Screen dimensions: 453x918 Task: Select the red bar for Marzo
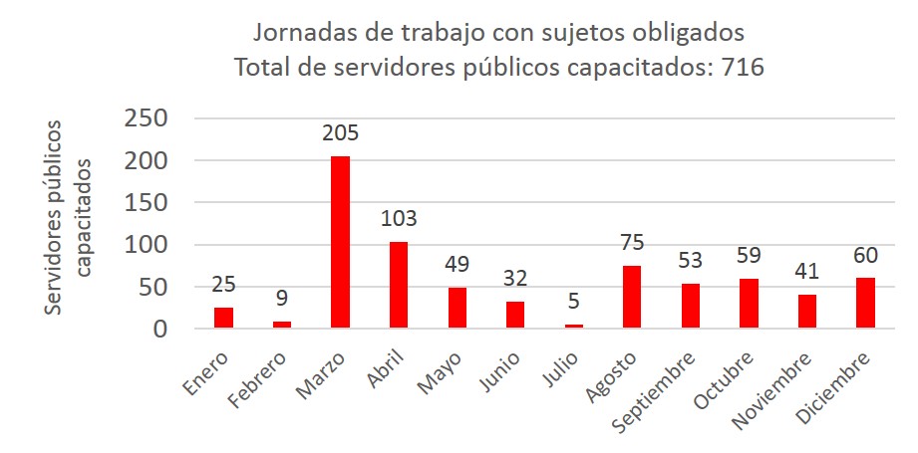[x=340, y=242]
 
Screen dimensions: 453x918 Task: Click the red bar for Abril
[x=399, y=285]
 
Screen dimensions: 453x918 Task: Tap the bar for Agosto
[x=632, y=297]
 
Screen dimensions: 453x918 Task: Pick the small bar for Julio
[x=574, y=325]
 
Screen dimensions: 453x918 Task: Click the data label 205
[x=340, y=133]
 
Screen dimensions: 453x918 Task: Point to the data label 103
[x=399, y=219]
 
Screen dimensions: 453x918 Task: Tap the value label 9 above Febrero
[x=282, y=299]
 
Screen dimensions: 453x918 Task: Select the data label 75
[x=632, y=243]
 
